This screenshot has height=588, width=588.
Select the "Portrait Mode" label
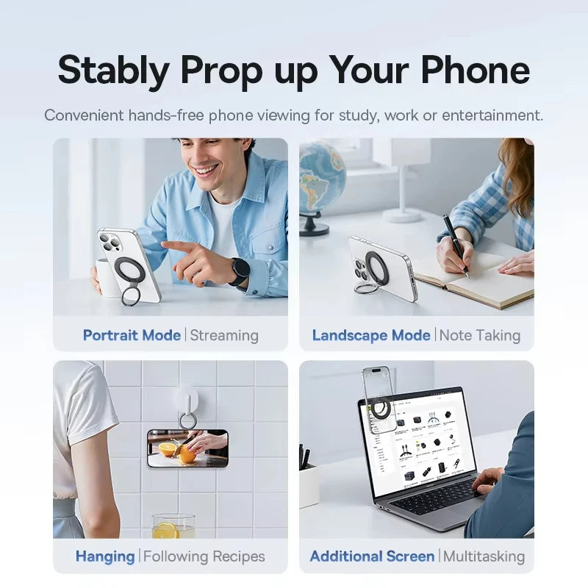click(132, 335)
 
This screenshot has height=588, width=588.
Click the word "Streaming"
click(224, 335)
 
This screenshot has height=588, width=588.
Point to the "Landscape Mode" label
click(371, 335)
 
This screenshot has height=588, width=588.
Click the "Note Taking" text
click(480, 335)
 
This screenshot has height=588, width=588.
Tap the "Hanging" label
click(105, 556)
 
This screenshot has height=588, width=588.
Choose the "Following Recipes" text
click(204, 556)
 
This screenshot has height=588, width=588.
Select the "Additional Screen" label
click(372, 556)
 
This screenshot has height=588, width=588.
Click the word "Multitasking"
click(484, 556)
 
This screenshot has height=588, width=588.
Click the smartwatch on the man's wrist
click(239, 271)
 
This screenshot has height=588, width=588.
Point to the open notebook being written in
click(478, 279)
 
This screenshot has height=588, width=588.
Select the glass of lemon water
click(173, 526)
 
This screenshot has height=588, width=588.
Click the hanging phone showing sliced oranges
click(187, 448)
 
